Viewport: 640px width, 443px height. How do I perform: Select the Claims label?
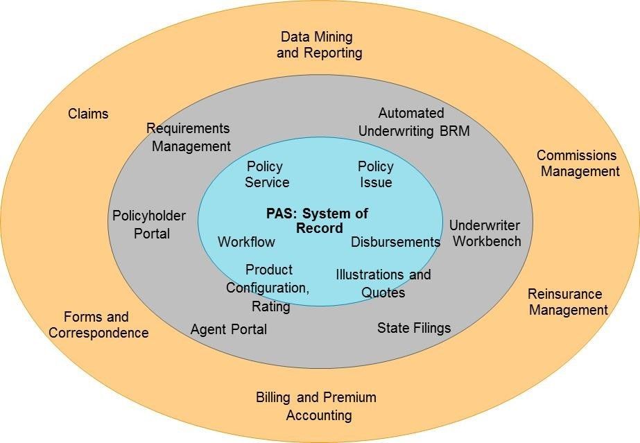coord(88,114)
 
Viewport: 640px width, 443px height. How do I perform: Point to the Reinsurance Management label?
coord(568,302)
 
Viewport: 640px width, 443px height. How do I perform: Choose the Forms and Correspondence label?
coord(98,324)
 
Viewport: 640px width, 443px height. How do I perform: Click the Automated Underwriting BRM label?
coord(423,121)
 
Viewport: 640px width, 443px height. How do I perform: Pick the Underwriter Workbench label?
coord(485,233)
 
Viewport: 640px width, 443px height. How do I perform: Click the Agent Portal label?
coord(229,329)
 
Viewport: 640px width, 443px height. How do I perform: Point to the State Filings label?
coord(414,327)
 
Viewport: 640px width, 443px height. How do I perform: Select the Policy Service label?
coord(266,174)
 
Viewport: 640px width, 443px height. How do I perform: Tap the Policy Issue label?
coord(376,174)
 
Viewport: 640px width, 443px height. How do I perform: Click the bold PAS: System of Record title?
coord(318,220)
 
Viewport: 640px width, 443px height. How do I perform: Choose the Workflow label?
coord(246,242)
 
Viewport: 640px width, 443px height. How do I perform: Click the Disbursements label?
coord(395,242)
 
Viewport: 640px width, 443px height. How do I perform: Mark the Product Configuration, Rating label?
coord(269,287)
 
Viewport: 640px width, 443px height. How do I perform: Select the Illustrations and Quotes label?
coord(383,283)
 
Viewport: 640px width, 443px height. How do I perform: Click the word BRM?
coord(454,130)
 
